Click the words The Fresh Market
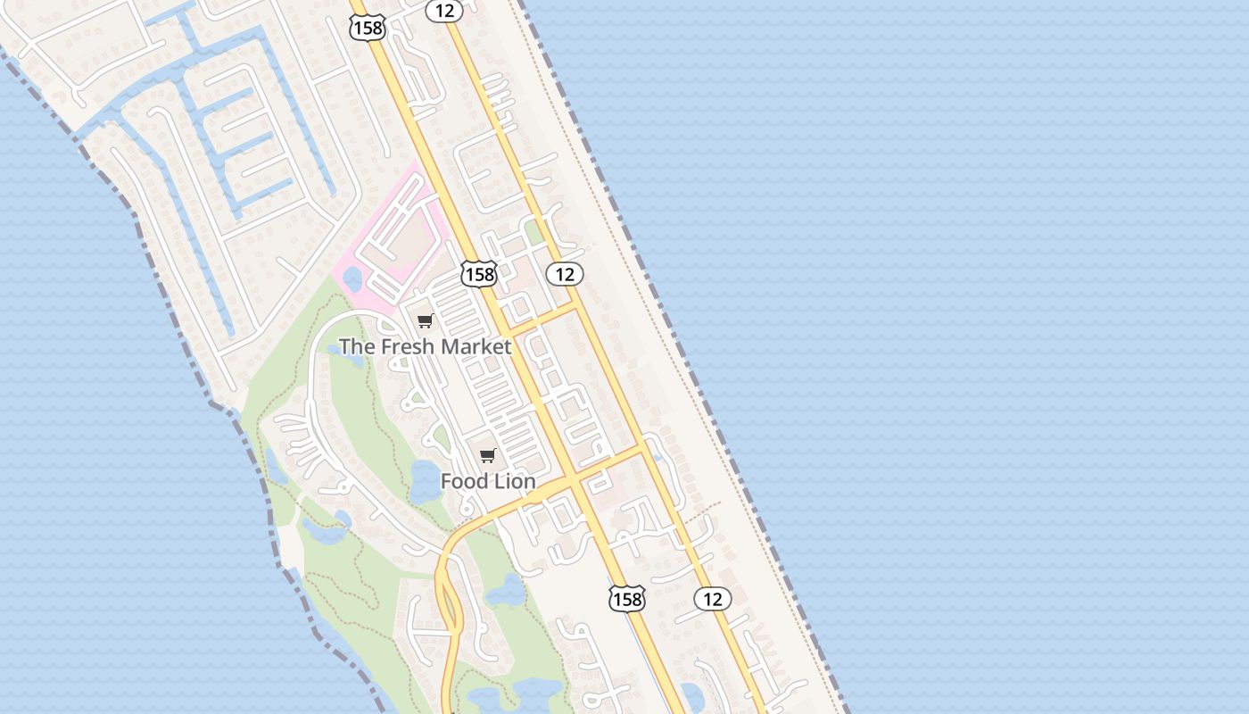tap(426, 346)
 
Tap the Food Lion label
tap(488, 481)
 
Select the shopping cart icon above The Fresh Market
tap(426, 321)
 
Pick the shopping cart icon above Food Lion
tap(487, 456)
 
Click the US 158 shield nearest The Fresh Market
tap(479, 274)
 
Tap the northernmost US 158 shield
tap(367, 28)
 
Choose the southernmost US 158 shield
tap(626, 599)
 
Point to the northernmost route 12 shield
tap(443, 11)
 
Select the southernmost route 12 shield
tap(712, 599)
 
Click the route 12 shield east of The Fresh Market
tap(565, 274)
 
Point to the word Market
tap(482, 346)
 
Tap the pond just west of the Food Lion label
tap(424, 482)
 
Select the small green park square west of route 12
tap(534, 233)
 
